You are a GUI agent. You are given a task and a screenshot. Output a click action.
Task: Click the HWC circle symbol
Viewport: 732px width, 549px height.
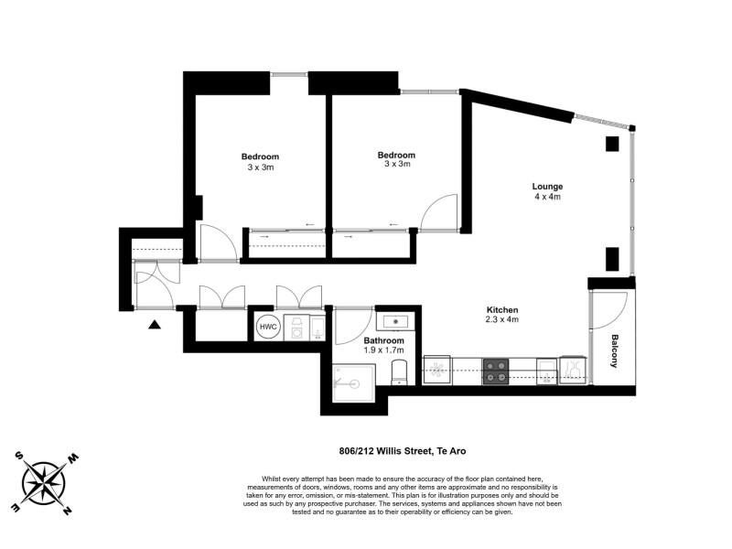268,327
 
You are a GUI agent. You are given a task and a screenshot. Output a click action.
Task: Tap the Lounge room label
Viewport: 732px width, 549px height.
547,187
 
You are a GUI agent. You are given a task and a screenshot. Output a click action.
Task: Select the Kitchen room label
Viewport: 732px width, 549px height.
502,309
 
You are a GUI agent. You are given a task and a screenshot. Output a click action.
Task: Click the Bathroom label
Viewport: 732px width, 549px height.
383,340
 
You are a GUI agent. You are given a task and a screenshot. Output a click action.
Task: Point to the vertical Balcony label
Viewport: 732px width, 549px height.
614,350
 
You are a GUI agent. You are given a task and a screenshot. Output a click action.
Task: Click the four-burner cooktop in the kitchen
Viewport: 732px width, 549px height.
495,371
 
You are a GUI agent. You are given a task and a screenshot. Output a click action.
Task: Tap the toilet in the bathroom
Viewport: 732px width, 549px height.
399,372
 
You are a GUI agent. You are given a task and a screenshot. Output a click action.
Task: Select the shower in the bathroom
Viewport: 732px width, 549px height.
354,382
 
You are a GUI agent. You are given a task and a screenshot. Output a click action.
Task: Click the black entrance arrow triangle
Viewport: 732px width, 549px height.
155,325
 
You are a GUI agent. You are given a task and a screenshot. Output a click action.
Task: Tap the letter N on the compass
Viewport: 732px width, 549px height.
67,511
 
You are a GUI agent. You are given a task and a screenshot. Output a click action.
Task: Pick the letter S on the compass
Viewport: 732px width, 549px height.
18,456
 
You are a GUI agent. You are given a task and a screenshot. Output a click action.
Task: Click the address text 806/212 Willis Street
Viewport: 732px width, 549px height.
384,451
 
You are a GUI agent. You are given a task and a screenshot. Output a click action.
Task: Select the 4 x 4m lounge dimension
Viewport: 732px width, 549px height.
547,197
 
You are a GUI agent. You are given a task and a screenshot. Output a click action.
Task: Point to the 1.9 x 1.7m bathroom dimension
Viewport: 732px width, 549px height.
383,350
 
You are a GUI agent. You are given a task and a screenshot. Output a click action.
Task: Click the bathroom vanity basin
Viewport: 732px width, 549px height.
395,322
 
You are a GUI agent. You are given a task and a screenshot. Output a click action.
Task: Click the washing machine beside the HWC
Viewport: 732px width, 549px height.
296,327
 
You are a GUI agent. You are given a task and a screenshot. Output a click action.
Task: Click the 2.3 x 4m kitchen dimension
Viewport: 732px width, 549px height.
502,319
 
